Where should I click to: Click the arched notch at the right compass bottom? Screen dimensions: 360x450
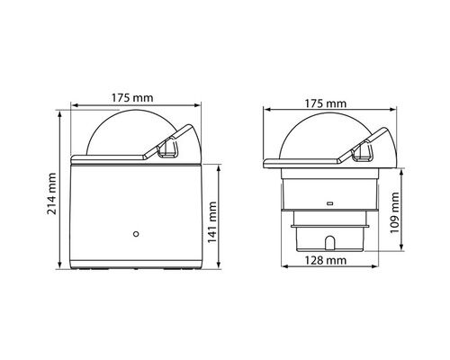pos(328,243)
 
